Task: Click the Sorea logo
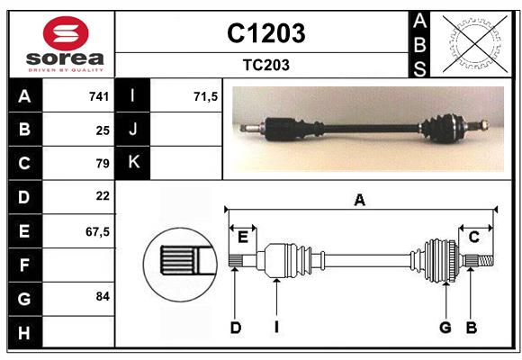[x=61, y=44]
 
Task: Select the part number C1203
[x=265, y=33]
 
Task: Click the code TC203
[x=265, y=65]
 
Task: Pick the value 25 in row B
[x=103, y=130]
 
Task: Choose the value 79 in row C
[x=103, y=163]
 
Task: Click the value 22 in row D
[x=103, y=196]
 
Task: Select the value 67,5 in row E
[x=97, y=230]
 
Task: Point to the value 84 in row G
[x=103, y=296]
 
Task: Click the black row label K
[x=133, y=163]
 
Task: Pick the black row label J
[x=133, y=130]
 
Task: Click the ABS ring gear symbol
[x=472, y=42]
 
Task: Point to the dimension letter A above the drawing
[x=359, y=201]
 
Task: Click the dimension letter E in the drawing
[x=242, y=237]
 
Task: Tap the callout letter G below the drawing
[x=445, y=328]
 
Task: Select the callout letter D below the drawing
[x=235, y=328]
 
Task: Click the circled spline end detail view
[x=178, y=263]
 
